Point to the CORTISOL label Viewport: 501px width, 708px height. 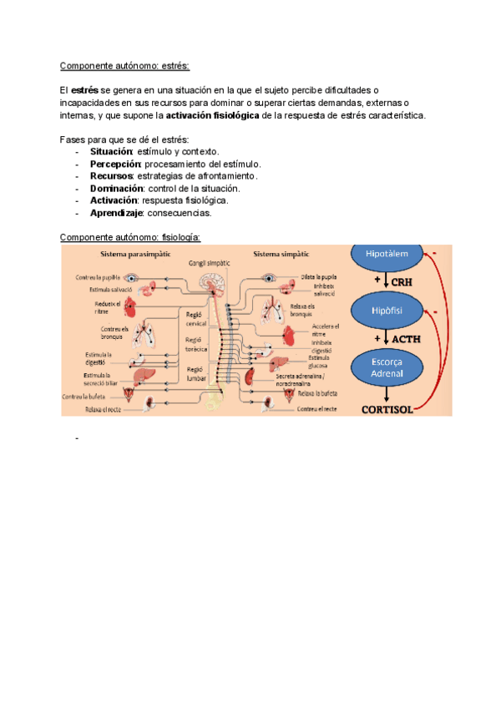point(387,409)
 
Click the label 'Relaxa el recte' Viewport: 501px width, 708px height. point(104,410)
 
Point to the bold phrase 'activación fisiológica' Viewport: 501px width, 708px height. point(212,114)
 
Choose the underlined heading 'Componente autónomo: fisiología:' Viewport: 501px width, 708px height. point(131,237)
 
